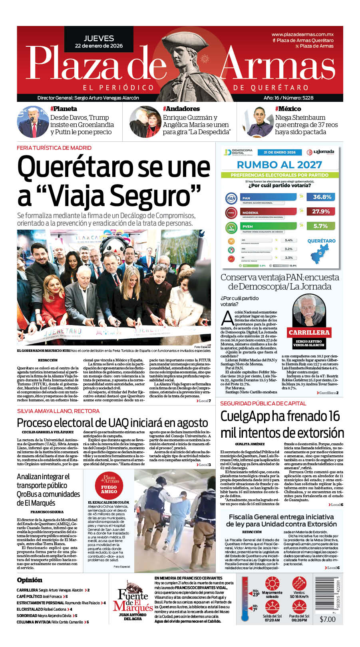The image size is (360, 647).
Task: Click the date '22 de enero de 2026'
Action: [99, 46]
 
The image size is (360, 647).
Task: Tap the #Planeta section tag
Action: [64, 109]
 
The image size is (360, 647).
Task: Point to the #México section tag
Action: [288, 109]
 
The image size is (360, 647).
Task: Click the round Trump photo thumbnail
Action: [32, 121]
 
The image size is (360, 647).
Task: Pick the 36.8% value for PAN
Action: [322, 197]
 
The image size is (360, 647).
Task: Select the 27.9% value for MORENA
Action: [321, 211]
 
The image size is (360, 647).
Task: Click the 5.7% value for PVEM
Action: [320, 226]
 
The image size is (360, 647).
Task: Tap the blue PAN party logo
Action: [231, 198]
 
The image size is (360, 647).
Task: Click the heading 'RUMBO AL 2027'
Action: [279, 165]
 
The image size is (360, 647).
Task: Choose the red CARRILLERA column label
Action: [309, 332]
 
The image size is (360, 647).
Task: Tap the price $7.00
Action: [328, 619]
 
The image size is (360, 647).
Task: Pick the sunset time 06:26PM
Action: [299, 620]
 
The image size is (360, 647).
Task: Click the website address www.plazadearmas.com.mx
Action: [302, 34]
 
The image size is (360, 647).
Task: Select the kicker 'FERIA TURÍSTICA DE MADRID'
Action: [54, 148]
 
